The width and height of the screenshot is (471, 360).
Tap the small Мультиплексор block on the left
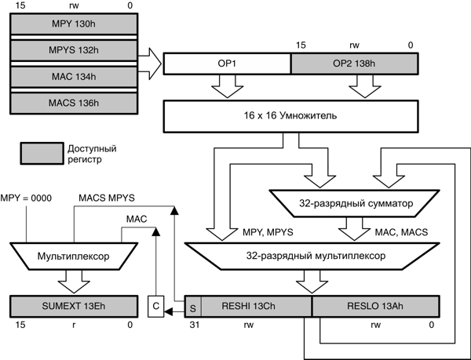(x=73, y=255)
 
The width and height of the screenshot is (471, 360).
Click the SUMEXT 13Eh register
(x=73, y=306)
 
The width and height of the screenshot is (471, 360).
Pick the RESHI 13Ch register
(x=255, y=306)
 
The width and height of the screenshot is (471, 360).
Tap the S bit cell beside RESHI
(x=193, y=306)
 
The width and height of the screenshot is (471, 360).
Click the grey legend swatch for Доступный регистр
(x=42, y=153)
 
